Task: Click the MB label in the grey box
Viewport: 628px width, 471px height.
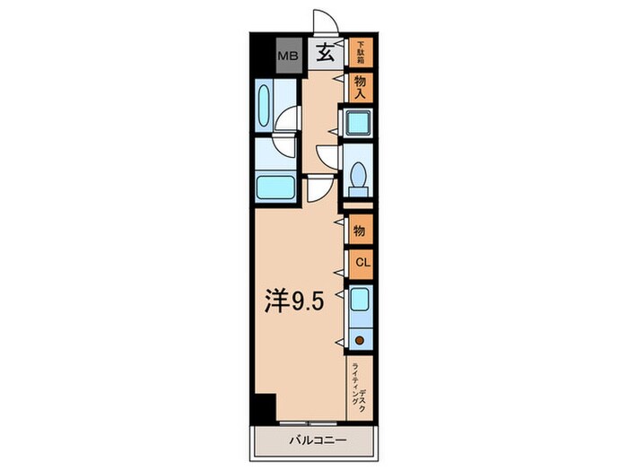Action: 288,56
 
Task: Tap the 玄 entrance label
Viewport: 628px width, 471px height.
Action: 325,54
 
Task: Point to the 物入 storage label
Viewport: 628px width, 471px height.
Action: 361,85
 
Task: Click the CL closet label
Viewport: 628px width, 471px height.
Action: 361,262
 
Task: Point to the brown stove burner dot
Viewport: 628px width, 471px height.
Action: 360,339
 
